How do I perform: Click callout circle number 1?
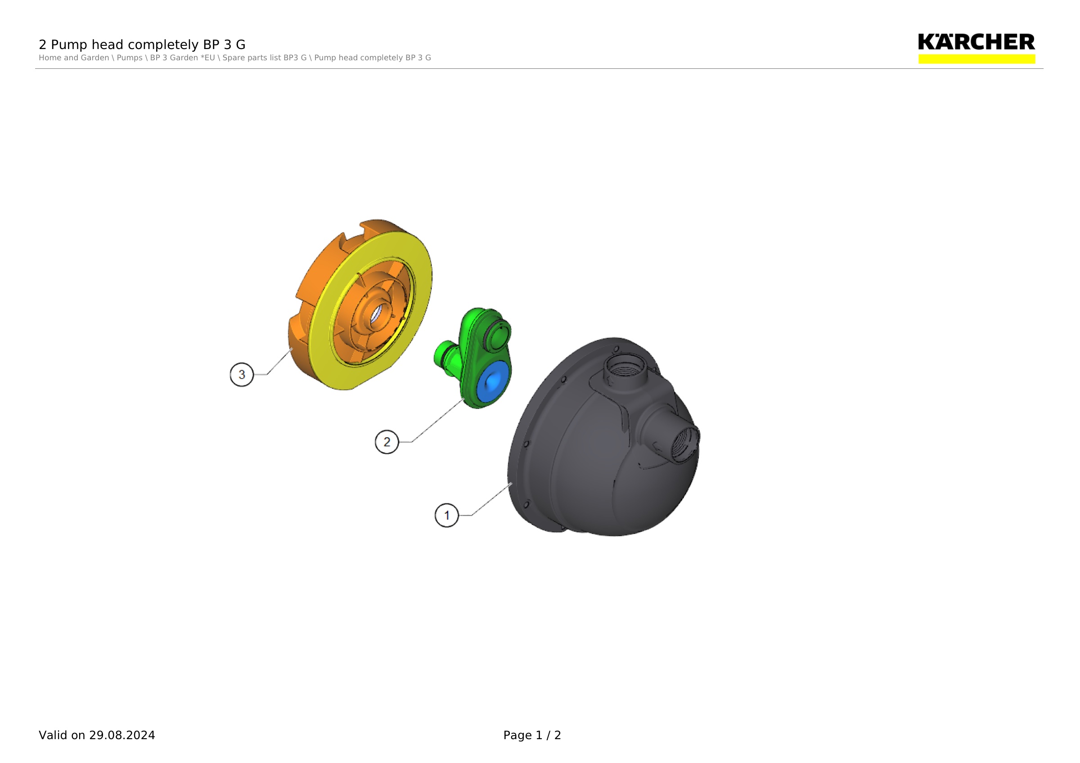[446, 515]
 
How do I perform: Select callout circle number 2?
[387, 442]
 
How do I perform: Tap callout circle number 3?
[242, 375]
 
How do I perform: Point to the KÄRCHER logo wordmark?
[976, 42]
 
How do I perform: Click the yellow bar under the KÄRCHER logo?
[976, 59]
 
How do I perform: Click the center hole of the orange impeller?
[376, 314]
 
